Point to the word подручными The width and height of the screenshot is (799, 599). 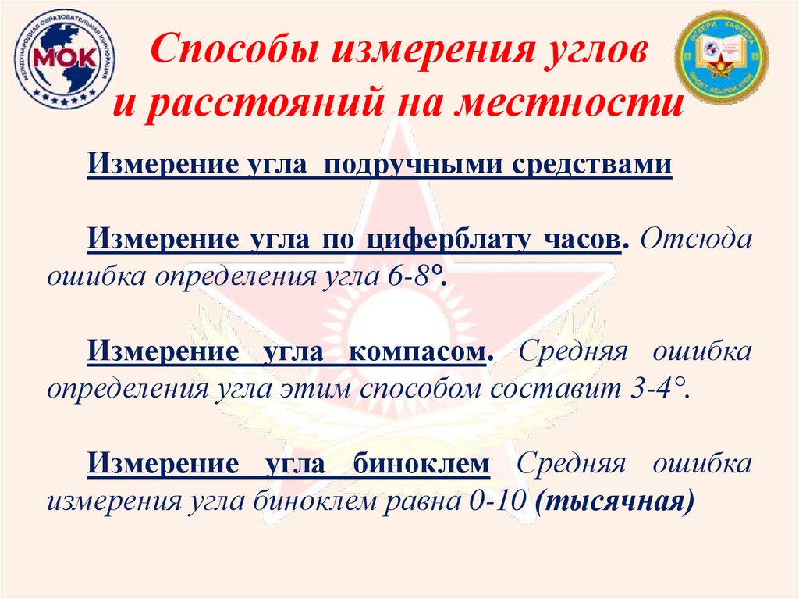tap(418, 166)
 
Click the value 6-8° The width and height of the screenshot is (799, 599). tap(415, 277)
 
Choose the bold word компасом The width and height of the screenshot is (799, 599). tap(421, 351)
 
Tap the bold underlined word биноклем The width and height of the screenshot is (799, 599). tap(421, 464)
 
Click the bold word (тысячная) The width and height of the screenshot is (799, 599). tap(614, 501)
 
